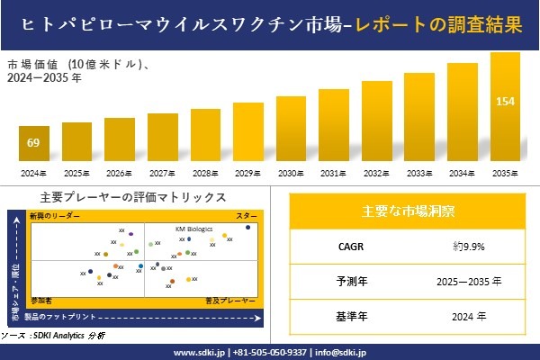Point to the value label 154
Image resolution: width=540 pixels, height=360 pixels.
coord(505,100)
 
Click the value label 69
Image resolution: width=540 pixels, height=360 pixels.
coord(34,143)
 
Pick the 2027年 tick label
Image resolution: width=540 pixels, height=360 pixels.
coord(163,173)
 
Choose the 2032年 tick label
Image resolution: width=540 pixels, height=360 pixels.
coord(376,173)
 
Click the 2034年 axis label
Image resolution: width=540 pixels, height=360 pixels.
coord(462,173)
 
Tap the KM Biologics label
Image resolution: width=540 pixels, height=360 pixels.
coord(193,229)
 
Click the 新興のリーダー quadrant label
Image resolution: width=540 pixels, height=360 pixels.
coord(54,217)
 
